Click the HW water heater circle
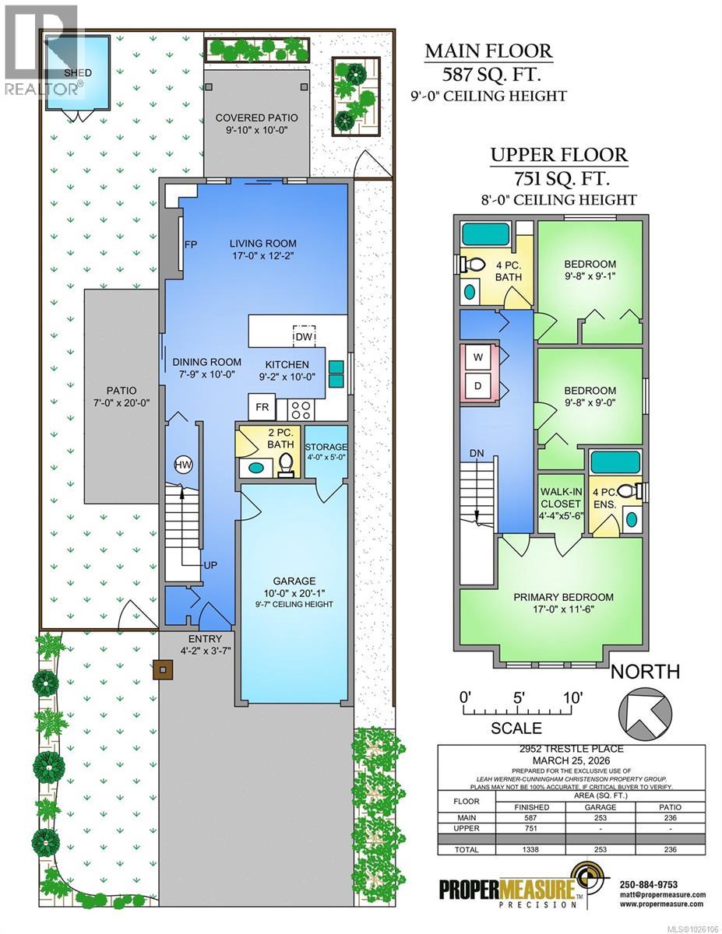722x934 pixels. [x=183, y=465]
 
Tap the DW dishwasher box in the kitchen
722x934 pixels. [x=304, y=336]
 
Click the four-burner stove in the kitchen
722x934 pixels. [x=301, y=408]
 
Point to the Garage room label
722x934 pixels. [x=294, y=581]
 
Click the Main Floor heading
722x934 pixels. [x=488, y=52]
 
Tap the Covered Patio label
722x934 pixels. [x=257, y=124]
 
